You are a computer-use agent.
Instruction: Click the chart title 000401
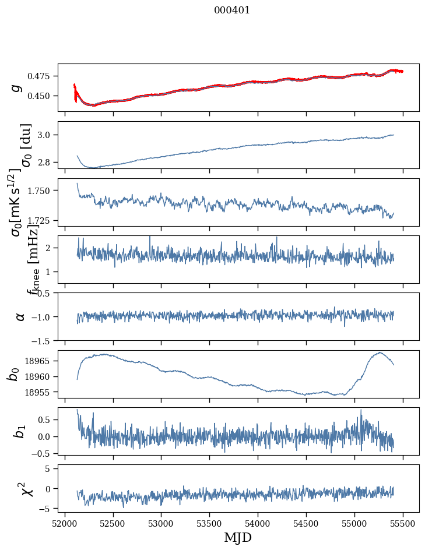click(232, 10)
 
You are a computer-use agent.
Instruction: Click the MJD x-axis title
click(238, 537)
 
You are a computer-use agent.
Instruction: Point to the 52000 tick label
click(65, 523)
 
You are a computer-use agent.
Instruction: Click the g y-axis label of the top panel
click(17, 87)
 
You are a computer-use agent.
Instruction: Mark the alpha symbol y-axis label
click(20, 316)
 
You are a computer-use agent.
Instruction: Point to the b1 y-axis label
click(19, 431)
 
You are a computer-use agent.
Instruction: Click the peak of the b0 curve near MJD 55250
click(380, 352)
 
